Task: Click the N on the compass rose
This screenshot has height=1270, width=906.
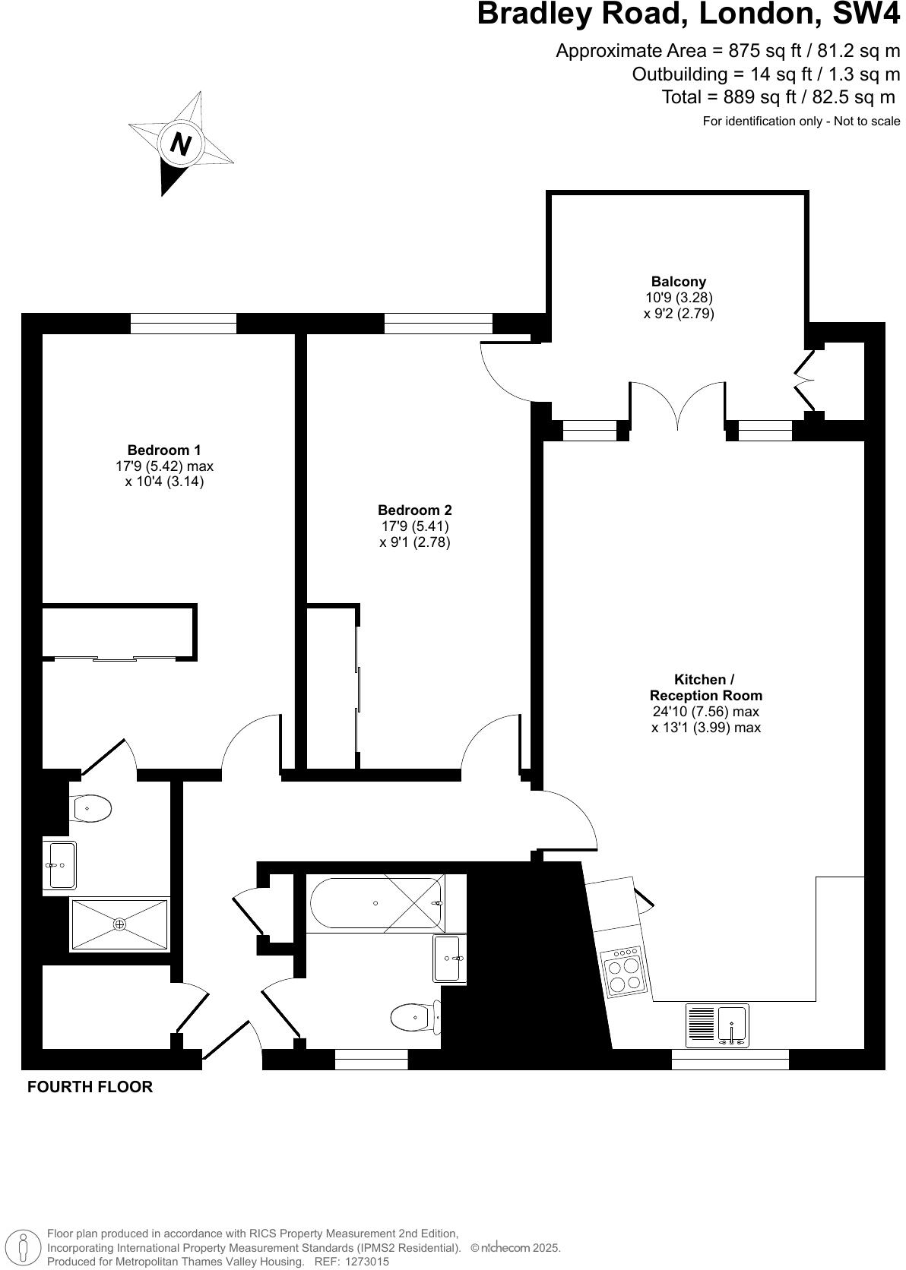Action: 180,143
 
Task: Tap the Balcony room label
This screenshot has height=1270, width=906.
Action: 678,282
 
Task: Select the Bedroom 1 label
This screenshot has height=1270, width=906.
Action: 164,450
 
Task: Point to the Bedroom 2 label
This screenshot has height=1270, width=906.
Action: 414,510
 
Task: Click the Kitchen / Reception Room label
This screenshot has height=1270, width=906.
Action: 705,687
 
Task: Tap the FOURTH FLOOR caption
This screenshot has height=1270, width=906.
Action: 90,1087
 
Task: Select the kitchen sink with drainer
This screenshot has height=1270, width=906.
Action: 717,1025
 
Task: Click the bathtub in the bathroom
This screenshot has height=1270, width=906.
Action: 376,903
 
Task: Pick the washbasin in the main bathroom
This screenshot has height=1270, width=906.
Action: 448,959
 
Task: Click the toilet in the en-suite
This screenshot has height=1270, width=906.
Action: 90,808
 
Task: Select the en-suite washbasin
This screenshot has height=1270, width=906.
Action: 59,864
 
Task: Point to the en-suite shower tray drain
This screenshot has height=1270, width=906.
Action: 119,924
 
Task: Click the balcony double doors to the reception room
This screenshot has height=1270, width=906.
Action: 676,406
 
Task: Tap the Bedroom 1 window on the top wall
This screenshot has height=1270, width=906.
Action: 183,324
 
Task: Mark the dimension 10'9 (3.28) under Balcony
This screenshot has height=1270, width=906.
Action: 678,298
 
